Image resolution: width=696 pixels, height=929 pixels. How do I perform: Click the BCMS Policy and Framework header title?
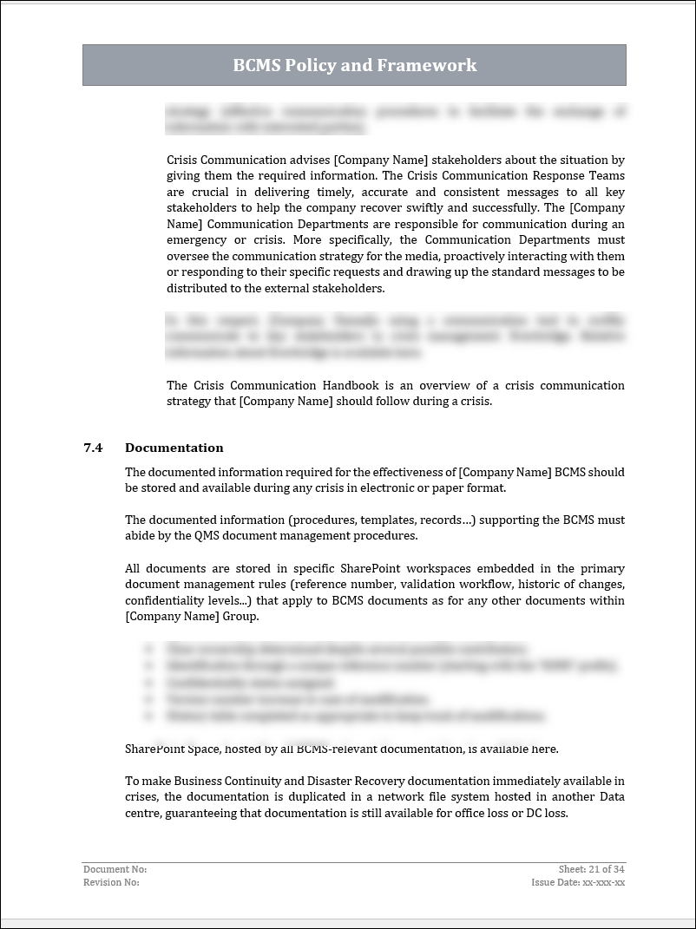pyautogui.click(x=354, y=65)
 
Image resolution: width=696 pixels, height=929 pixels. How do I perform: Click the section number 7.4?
pyautogui.click(x=93, y=448)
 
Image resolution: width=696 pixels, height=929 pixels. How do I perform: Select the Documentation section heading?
pyautogui.click(x=174, y=448)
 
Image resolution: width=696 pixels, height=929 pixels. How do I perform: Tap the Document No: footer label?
pyautogui.click(x=115, y=869)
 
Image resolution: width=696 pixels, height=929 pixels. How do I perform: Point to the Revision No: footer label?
pyautogui.click(x=111, y=882)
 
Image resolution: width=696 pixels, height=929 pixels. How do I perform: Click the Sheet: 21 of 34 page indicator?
pyautogui.click(x=592, y=869)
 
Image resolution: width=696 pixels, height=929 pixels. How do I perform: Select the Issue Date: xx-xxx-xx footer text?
pyautogui.click(x=578, y=882)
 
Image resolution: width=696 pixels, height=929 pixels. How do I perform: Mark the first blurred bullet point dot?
pyautogui.click(x=151, y=648)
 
